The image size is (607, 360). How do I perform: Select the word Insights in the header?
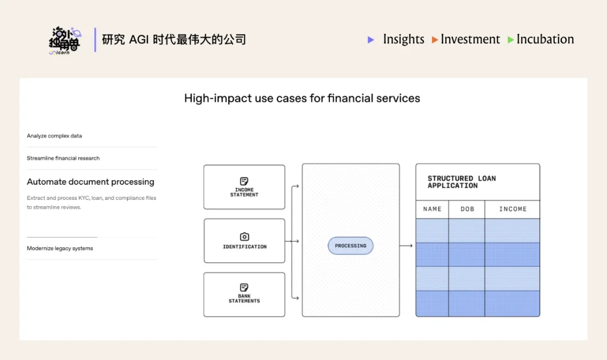click(404, 39)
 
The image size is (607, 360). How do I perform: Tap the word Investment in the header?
click(470, 39)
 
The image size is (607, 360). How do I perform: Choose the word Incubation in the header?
click(545, 39)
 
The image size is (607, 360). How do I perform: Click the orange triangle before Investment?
click(435, 40)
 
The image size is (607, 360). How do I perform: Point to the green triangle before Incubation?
click(510, 40)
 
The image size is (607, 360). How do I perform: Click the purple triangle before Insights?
click(371, 40)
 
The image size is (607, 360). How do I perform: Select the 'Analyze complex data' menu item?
click(55, 136)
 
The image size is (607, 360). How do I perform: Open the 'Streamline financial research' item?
click(63, 158)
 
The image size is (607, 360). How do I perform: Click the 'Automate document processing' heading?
click(90, 182)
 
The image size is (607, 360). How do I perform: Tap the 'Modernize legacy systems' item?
click(60, 248)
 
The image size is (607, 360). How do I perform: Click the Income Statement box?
click(244, 187)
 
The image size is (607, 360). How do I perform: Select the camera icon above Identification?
click(244, 237)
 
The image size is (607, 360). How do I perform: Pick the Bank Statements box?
click(244, 294)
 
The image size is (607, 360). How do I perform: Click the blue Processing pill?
click(350, 246)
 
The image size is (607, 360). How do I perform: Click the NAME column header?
click(432, 209)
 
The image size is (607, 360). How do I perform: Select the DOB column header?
click(467, 209)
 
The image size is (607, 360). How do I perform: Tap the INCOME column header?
click(513, 209)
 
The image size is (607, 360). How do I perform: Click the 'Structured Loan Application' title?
click(461, 182)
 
